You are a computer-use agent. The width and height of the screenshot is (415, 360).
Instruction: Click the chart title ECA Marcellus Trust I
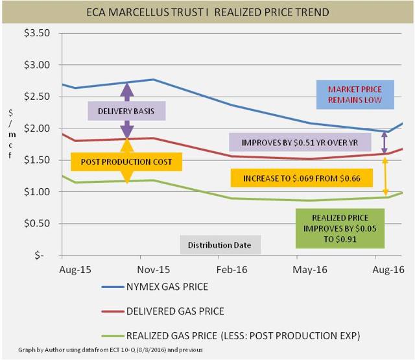pos(207,12)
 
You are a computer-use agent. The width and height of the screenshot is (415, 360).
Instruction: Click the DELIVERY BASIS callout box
pos(127,111)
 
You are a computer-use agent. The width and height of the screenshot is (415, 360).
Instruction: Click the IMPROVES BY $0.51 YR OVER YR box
pos(300,142)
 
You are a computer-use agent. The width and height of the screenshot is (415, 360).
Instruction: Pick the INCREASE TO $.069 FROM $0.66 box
pos(302,177)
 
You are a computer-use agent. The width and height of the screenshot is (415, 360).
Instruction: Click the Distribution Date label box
pos(220,245)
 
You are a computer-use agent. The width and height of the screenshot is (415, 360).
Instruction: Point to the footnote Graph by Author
pos(111,351)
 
